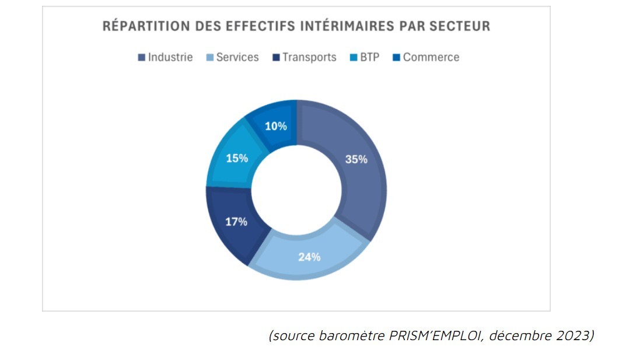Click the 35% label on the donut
[x=356, y=159]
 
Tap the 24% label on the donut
[x=309, y=257]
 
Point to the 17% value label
[x=236, y=222]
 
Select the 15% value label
[x=237, y=158]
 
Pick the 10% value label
[x=275, y=126]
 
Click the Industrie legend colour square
[x=141, y=58]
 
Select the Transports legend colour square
[x=276, y=58]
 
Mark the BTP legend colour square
[x=354, y=58]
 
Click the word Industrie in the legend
[x=170, y=57]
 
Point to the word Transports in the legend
[x=309, y=57]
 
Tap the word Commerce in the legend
[x=431, y=57]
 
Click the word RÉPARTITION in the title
[x=141, y=26]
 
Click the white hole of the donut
[x=296, y=190]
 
